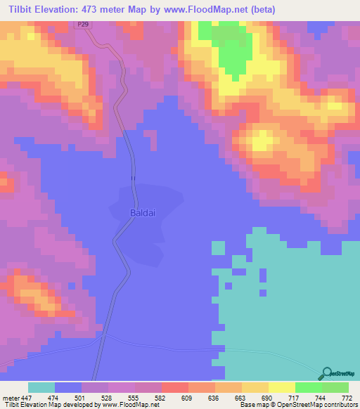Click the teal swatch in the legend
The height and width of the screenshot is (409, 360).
(x=41, y=387)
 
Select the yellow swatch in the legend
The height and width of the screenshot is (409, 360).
(x=281, y=387)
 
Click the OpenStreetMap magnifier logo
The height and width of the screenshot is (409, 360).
(x=326, y=374)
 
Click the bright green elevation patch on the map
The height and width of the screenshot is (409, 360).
(x=229, y=53)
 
